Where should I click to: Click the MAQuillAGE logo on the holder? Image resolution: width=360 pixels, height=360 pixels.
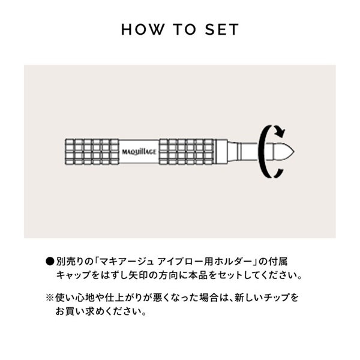[x=140, y=152]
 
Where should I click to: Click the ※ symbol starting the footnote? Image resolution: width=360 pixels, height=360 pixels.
[x=50, y=298]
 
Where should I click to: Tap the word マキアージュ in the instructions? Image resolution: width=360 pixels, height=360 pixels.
[x=132, y=262]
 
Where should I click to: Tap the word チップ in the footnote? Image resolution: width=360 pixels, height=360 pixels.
[x=276, y=298]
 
